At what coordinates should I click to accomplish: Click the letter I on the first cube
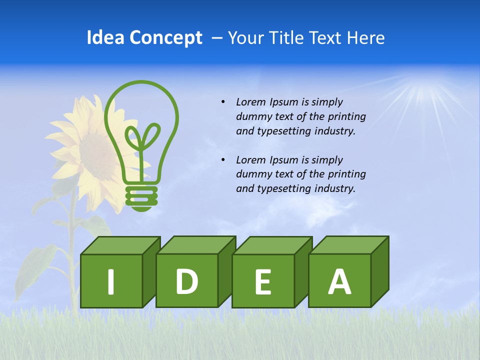111,281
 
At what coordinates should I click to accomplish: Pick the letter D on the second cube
187,281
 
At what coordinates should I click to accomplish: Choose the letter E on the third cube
263,282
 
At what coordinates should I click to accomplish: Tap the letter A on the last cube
339,281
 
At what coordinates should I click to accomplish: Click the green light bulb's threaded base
141,196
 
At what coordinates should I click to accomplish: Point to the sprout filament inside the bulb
142,140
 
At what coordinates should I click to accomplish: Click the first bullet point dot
223,102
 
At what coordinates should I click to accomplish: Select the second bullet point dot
223,160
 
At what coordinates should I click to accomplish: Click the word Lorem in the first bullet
251,102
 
